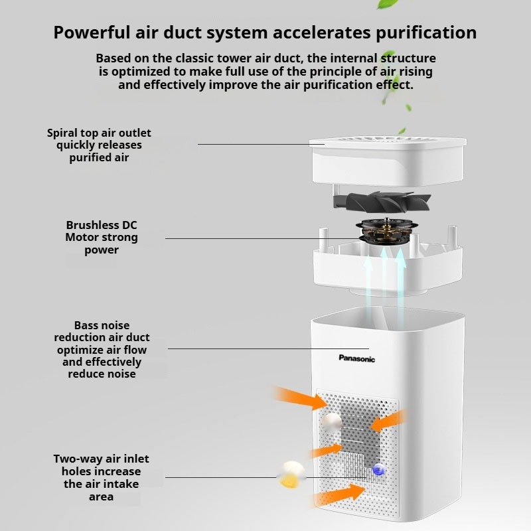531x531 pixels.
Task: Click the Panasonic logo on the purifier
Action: tap(357, 359)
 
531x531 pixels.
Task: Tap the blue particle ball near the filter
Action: tap(378, 470)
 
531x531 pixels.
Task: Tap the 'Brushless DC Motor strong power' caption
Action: tap(102, 238)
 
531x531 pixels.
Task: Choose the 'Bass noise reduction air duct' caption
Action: tap(102, 350)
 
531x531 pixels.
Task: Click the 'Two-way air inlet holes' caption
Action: tap(102, 478)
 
